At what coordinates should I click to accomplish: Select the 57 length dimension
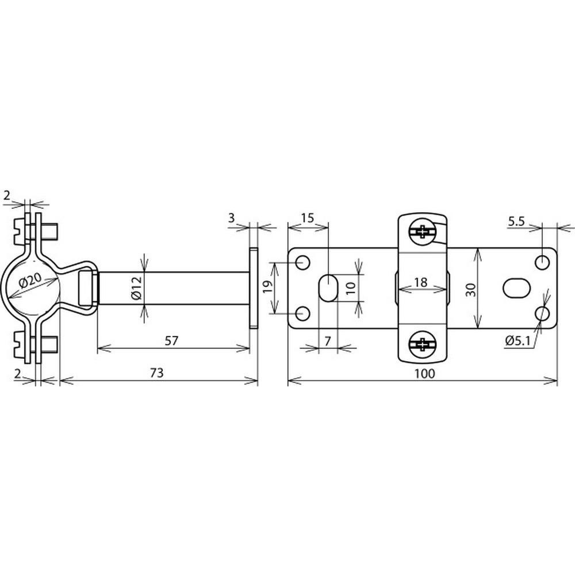click(171, 340)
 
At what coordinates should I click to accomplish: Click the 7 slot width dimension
click(327, 341)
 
